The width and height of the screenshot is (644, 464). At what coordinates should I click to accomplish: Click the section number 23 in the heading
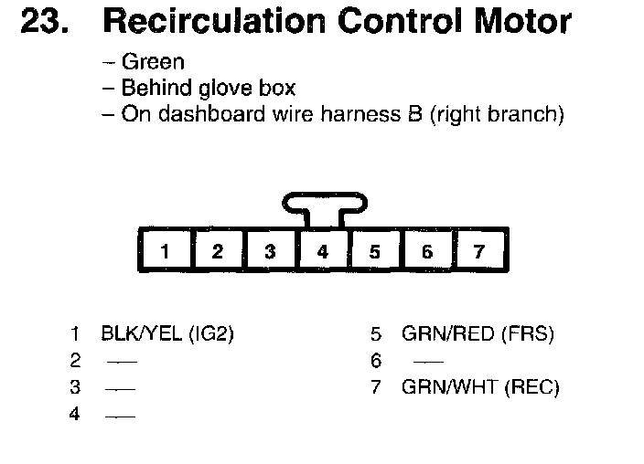click(42, 22)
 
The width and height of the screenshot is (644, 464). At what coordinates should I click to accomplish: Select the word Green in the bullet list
click(154, 62)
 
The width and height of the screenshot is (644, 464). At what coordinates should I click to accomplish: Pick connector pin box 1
click(165, 251)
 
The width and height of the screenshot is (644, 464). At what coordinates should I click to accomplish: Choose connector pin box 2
click(217, 251)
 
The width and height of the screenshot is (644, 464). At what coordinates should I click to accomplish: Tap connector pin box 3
click(270, 251)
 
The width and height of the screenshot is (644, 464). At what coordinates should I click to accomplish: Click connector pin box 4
click(322, 251)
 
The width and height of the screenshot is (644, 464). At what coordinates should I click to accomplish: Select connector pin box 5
click(374, 251)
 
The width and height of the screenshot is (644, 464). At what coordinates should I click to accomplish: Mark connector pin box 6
click(427, 251)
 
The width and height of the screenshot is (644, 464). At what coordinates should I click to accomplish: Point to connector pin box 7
click(479, 251)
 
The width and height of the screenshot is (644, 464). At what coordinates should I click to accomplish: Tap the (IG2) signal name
click(210, 334)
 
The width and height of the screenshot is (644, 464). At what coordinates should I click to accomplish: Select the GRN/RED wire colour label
click(447, 334)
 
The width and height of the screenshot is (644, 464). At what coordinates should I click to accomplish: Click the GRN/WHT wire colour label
click(447, 387)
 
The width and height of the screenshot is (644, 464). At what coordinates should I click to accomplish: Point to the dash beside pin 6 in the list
click(415, 362)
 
